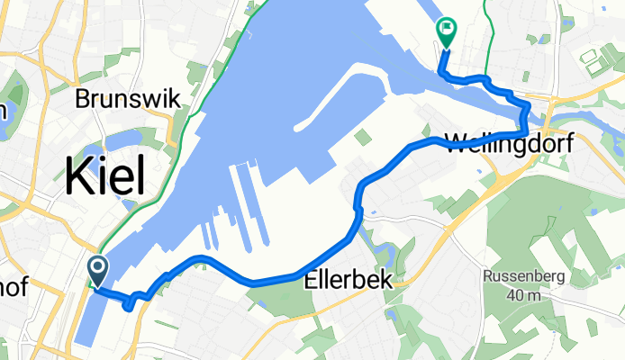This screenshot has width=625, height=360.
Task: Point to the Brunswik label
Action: tap(128, 98)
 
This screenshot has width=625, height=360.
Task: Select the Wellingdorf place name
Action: tap(508, 141)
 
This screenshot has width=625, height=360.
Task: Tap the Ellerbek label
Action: tap(352, 280)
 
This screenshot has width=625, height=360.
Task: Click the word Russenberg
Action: tap(523, 276)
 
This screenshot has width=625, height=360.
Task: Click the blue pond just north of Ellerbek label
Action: tap(385, 250)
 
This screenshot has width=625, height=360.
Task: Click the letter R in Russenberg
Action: tap(487, 276)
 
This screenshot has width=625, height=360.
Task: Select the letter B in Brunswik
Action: tap(85, 98)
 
